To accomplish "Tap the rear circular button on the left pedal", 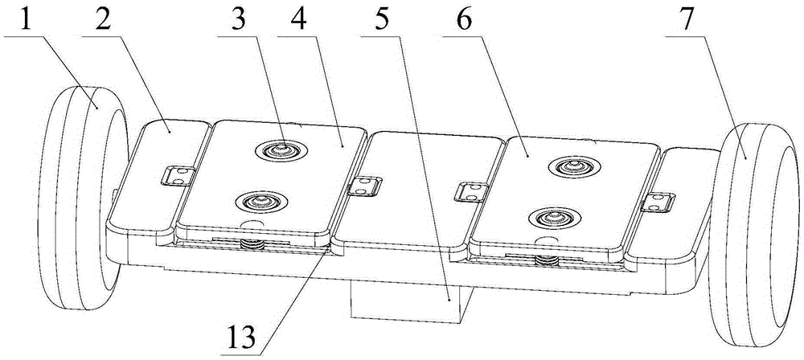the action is pyautogui.click(x=281, y=149).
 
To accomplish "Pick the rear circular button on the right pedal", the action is pyautogui.click(x=574, y=166).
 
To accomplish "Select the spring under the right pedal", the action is pyautogui.click(x=547, y=260).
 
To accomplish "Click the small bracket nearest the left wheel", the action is pyautogui.click(x=176, y=175).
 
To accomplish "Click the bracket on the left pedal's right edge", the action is pyautogui.click(x=364, y=186).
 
